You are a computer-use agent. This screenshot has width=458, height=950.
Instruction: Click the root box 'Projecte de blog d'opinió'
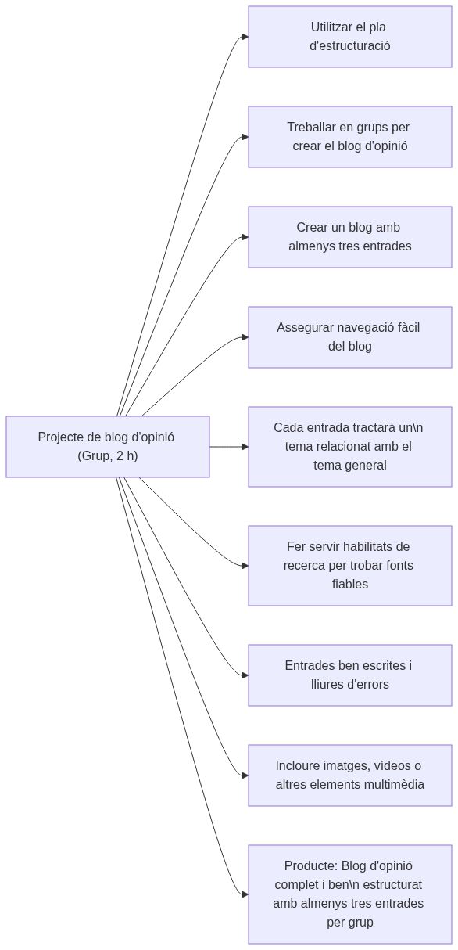108,447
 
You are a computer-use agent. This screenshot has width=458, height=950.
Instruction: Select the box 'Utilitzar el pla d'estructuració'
349,37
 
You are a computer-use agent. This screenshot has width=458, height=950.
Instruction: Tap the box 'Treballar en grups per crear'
349,137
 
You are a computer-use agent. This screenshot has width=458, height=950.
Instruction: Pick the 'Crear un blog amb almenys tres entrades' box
349,237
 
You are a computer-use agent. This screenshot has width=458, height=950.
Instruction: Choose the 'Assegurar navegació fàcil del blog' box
349,337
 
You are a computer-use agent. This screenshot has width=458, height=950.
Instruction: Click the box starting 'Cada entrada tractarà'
349,447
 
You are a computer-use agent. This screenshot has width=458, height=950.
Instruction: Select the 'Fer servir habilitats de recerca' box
349,566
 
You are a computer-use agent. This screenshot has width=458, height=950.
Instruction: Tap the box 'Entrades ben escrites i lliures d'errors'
349,675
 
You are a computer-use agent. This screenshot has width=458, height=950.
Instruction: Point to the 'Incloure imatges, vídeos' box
349,775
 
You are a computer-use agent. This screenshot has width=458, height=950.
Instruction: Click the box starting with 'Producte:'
349,894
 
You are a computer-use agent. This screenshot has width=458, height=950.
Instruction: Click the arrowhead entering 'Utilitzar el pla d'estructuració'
245,37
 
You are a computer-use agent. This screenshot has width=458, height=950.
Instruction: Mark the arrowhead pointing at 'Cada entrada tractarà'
245,447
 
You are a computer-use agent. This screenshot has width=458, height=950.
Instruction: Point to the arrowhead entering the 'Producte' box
245,894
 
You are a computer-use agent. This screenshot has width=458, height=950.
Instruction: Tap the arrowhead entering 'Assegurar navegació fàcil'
245,337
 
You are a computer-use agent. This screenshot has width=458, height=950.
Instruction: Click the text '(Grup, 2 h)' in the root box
108,456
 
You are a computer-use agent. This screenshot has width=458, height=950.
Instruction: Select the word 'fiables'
349,585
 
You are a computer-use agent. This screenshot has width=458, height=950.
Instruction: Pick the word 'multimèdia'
395,785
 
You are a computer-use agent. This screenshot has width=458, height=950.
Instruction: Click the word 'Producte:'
310,866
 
